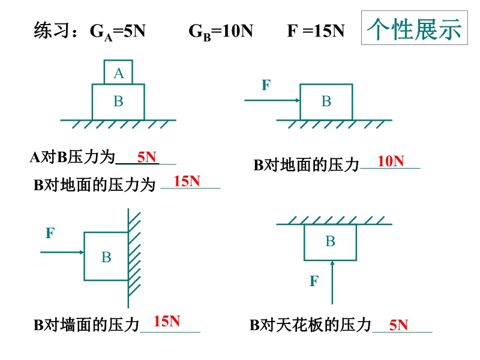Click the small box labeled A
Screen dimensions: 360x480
pos(118,73)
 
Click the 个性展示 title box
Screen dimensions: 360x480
pos(414,28)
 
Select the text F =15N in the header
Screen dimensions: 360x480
pos(316,31)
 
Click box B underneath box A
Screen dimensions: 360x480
pos(118,101)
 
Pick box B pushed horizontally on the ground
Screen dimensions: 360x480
pos(326,101)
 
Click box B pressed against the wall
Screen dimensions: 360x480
pos(106,256)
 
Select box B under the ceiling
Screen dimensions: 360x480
pos(330,242)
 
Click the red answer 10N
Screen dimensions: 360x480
pos(391,161)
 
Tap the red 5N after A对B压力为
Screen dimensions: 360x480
pos(146,157)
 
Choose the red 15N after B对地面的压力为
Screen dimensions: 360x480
pos(187,181)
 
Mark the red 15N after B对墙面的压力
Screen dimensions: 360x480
pos(167,321)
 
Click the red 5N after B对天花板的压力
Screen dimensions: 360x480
pos(398,326)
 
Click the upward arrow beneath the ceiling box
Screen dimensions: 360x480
pos(331,282)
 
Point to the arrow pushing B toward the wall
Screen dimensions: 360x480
pos(62,253)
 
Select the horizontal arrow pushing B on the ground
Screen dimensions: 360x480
pos(272,101)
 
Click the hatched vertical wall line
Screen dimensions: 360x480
pos(128,258)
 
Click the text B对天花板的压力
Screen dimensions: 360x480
pos(310,326)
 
